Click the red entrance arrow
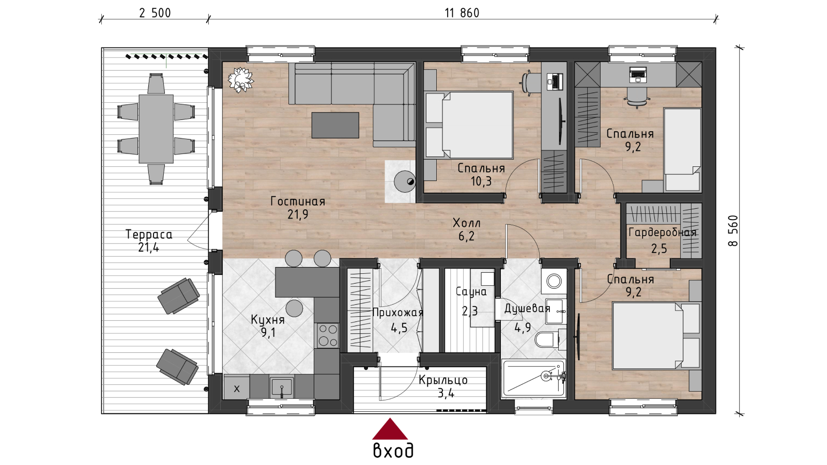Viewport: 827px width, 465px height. point(390,429)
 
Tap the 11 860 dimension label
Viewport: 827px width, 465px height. point(462,13)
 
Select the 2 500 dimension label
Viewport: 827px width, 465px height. point(155,13)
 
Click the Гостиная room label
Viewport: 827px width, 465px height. point(298,202)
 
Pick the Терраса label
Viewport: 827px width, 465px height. point(149,235)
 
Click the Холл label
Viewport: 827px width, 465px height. point(467,223)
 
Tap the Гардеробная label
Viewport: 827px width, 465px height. point(662,233)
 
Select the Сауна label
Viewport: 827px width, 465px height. point(471,291)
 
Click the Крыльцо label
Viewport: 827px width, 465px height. point(443,380)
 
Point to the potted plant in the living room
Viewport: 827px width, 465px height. point(241,80)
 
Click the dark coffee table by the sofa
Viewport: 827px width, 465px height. point(335,125)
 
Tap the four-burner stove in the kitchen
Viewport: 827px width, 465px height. point(328,335)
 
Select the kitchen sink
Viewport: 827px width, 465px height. point(282,387)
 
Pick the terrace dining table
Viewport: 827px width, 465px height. point(156,129)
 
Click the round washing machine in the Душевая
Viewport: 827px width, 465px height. point(554,281)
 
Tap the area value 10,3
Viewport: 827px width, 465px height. point(481,181)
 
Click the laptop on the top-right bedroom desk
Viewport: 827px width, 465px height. point(638,74)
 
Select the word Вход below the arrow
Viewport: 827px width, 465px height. point(393,451)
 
